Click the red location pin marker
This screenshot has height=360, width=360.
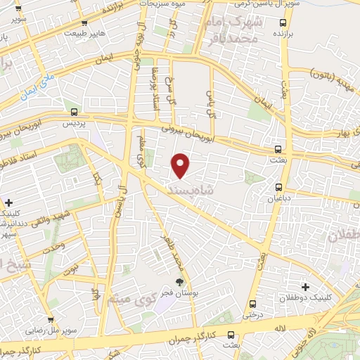[x=181, y=165]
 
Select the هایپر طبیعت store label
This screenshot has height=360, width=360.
[x=84, y=33]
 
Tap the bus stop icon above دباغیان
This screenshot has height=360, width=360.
[x=279, y=187]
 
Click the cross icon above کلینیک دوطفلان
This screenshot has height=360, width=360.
[x=305, y=287]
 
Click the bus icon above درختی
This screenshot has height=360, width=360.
[x=252, y=304]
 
